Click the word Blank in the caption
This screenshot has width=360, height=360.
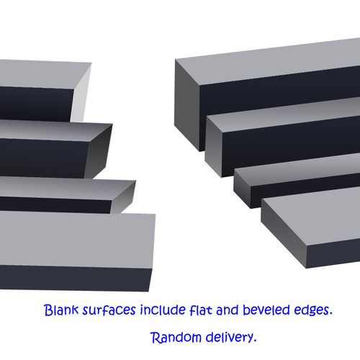click(61, 310)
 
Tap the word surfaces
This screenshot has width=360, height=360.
click(109, 310)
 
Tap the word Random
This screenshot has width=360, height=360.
click(176, 337)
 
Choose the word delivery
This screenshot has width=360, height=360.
click(231, 338)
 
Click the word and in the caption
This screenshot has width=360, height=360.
click(228, 310)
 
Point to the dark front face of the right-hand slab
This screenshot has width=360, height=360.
click(333, 256)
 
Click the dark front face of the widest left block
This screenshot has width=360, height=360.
click(74, 279)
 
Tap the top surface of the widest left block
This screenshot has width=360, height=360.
click(77, 240)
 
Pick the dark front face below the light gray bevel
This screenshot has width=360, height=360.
click(36, 104)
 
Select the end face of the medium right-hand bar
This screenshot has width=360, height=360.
click(214, 146)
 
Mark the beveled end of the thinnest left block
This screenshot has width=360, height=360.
click(123, 197)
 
